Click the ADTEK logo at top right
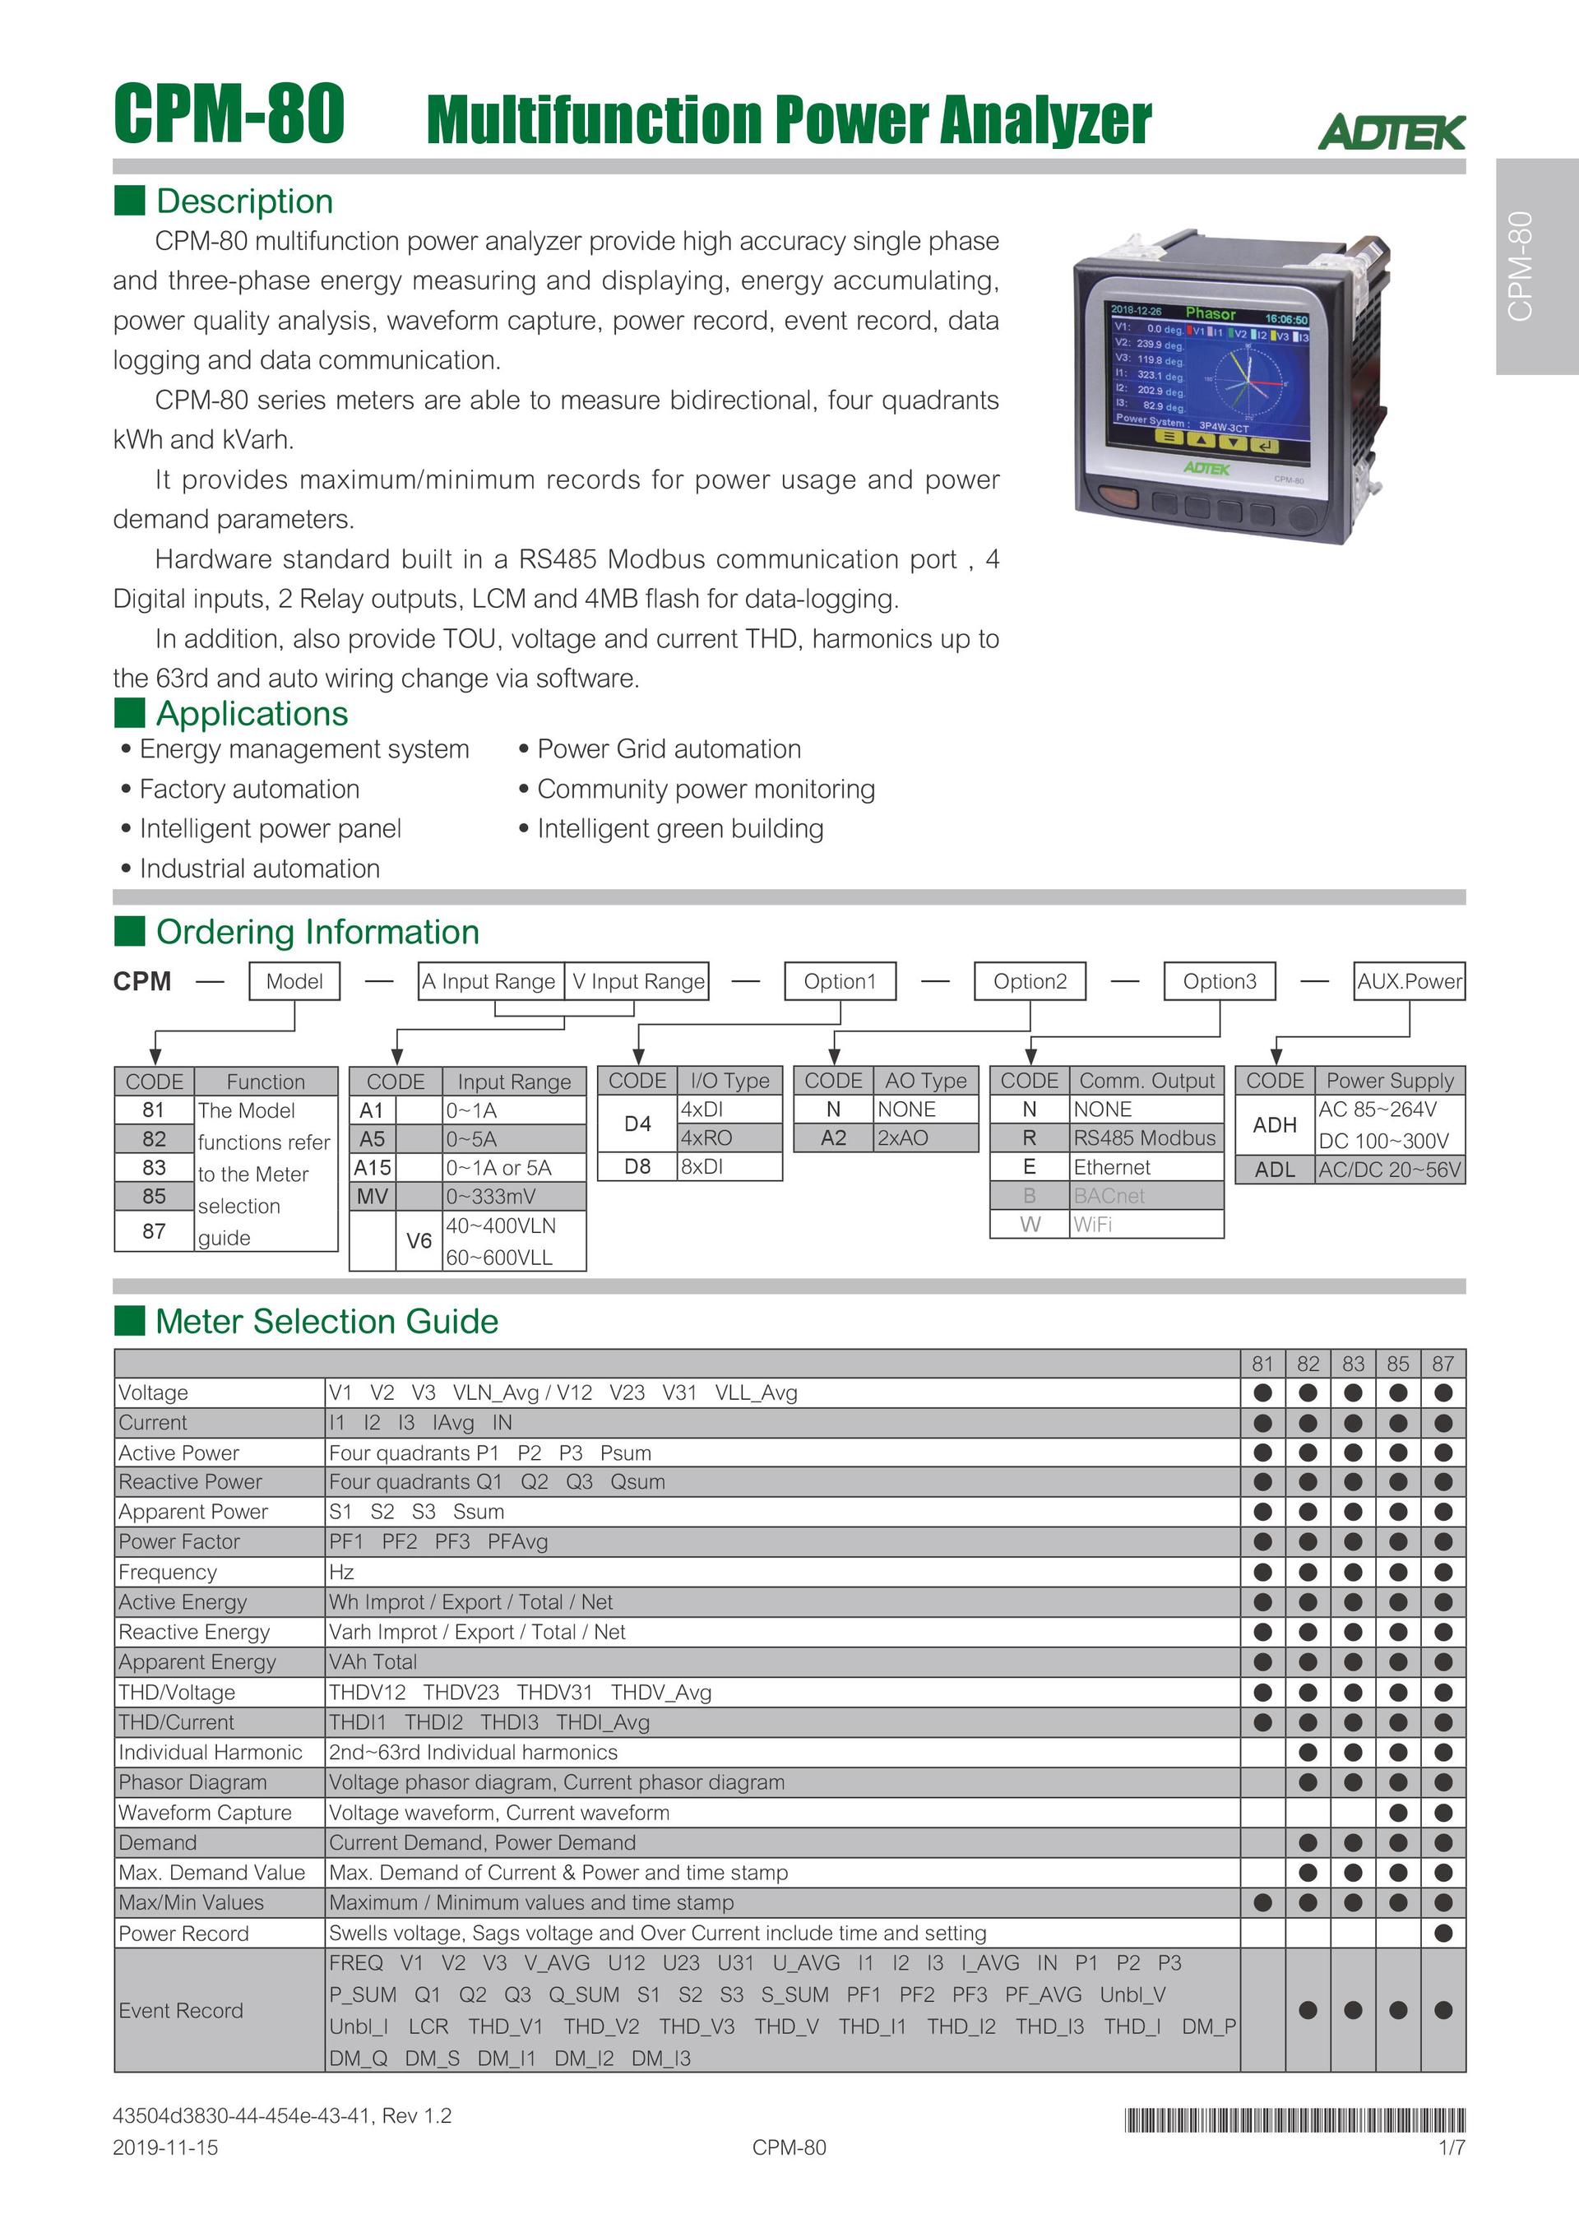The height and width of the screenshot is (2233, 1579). point(1391,132)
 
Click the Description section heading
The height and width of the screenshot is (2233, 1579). point(244,202)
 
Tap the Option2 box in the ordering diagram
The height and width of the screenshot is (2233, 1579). point(1030,981)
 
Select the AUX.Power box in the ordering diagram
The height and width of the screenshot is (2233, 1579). point(1409,981)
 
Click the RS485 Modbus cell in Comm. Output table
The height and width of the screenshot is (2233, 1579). point(1145,1138)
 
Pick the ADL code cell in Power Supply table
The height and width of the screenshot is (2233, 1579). point(1275,1170)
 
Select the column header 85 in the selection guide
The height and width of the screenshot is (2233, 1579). point(1397,1364)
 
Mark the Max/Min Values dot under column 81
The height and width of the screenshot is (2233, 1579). point(1262,1902)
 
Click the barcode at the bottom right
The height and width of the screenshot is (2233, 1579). point(1294,2120)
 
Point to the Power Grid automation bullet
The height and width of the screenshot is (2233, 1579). point(669,749)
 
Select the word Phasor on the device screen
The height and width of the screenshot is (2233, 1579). point(1211,313)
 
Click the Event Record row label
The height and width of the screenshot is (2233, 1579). point(181,2010)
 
